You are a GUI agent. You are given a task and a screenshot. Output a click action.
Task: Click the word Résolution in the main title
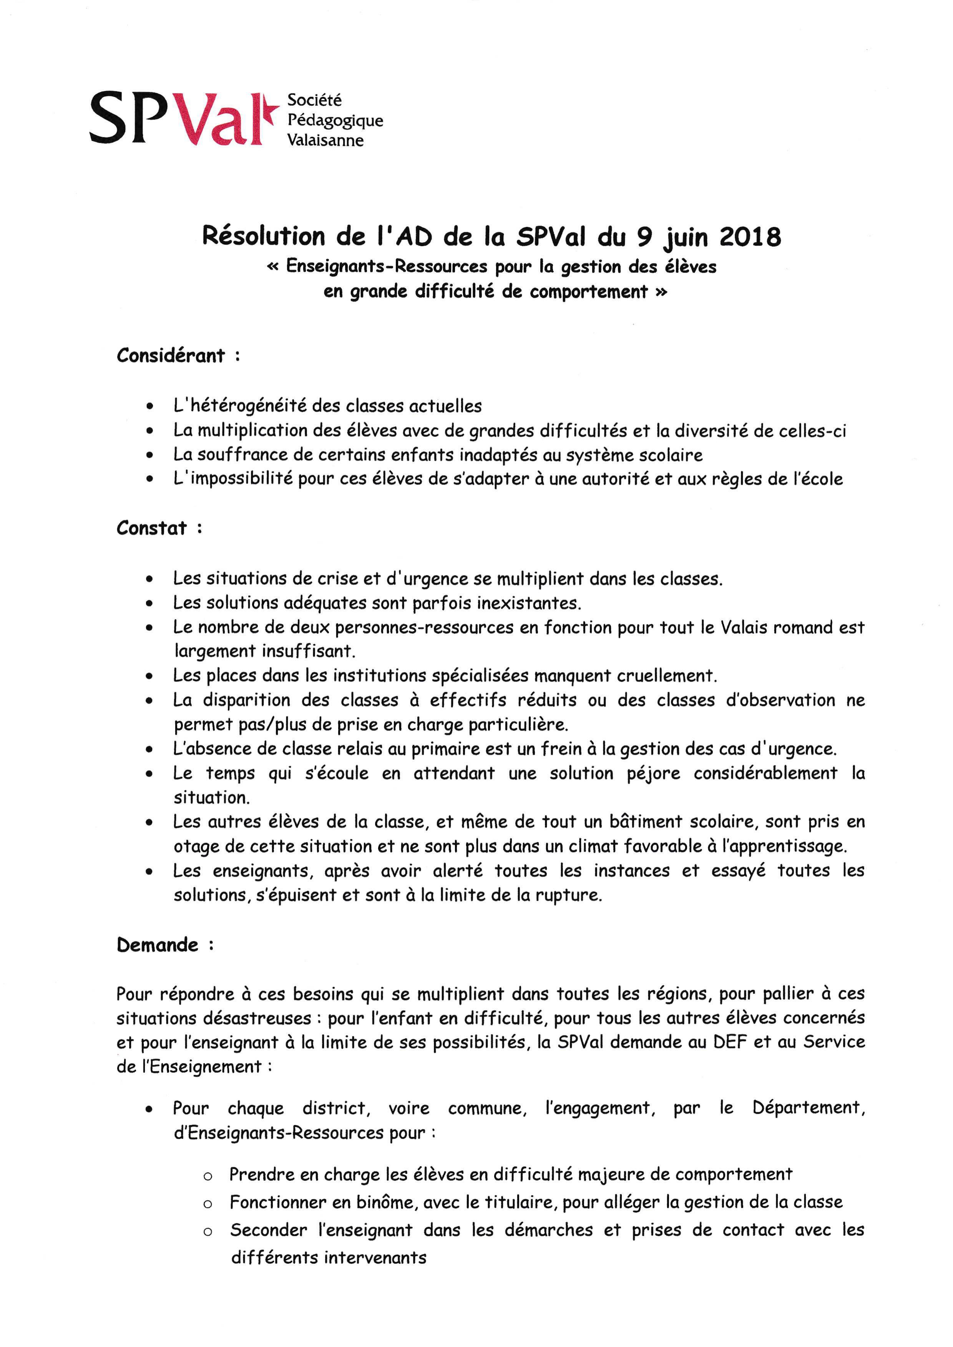(264, 237)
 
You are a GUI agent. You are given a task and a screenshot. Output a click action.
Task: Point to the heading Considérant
(171, 356)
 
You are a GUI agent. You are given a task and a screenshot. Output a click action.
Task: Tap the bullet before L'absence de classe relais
(150, 750)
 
